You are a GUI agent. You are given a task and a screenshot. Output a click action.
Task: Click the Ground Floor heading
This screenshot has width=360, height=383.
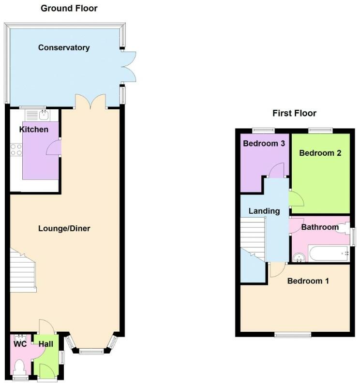tap(69, 8)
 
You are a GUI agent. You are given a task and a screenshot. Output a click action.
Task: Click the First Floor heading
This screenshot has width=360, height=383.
tap(294, 113)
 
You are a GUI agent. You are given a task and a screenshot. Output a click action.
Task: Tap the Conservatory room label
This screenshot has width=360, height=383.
tap(64, 47)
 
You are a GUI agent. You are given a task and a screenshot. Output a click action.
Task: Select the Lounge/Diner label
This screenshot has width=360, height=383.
tap(64, 228)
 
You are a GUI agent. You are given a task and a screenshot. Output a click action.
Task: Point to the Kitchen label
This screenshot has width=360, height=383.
tap(34, 129)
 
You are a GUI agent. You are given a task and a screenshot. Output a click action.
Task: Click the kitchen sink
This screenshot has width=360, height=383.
tap(44, 115)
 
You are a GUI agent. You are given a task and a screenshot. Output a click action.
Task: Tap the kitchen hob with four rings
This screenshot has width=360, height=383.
tap(16, 149)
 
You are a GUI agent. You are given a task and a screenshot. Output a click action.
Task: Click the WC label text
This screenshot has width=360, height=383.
tap(19, 344)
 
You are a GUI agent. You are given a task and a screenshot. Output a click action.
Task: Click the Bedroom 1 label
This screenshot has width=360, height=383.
tap(308, 280)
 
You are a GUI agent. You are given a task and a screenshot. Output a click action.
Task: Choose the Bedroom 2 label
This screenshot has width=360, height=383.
tap(320, 153)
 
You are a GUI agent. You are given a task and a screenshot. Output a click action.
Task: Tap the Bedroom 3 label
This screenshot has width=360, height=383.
tap(264, 143)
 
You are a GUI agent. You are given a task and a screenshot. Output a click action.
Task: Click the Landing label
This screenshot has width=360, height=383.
tap(264, 211)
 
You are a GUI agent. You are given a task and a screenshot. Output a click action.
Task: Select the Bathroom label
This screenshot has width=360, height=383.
tap(320, 227)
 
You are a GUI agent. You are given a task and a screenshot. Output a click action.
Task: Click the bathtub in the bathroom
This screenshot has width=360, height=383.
tap(329, 253)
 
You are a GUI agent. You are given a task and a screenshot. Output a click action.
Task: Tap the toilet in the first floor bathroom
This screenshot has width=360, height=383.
tap(344, 228)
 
